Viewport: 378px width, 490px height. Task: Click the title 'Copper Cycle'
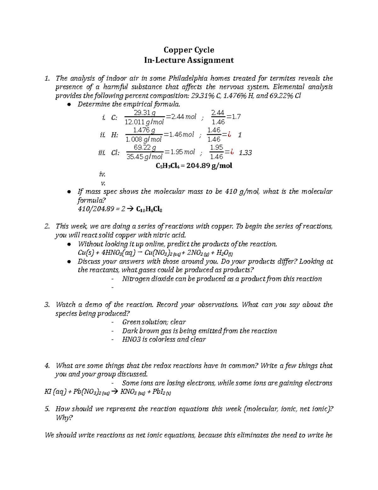click(x=189, y=50)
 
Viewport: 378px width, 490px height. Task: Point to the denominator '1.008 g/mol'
click(x=143, y=139)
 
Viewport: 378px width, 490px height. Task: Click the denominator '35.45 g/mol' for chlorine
click(x=145, y=156)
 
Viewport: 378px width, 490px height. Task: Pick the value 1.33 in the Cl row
click(x=245, y=153)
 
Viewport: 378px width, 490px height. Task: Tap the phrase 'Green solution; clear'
click(x=154, y=322)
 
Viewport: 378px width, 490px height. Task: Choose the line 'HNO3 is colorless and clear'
click(x=164, y=339)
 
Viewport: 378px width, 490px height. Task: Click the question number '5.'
click(x=47, y=409)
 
